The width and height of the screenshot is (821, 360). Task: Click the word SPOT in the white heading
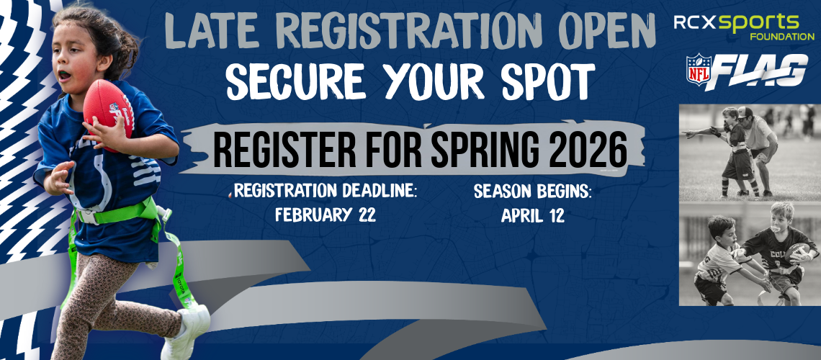click(548, 82)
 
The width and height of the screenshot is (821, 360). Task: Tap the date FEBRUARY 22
click(326, 215)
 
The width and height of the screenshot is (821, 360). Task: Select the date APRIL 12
click(532, 215)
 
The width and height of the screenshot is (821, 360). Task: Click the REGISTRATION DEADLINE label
click(325, 191)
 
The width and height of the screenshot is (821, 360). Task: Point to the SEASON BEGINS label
click(532, 192)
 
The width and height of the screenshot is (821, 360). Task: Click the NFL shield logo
click(699, 70)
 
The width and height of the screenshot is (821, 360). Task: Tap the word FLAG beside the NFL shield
click(759, 71)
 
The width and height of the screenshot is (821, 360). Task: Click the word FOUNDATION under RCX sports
click(781, 37)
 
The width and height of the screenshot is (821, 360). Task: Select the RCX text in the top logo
click(695, 22)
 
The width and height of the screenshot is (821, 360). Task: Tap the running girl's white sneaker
click(187, 330)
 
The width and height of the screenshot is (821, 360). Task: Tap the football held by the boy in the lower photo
click(797, 252)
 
